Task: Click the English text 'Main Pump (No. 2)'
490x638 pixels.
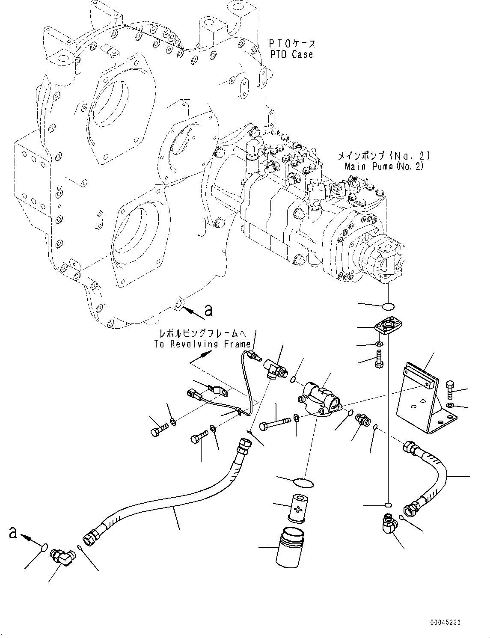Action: point(384,166)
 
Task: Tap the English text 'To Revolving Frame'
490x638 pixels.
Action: point(202,344)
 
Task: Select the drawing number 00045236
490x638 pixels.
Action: point(445,623)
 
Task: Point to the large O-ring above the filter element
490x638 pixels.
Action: point(304,482)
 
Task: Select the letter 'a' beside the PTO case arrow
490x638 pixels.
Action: point(208,310)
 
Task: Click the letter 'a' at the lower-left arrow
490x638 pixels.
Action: point(13,532)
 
